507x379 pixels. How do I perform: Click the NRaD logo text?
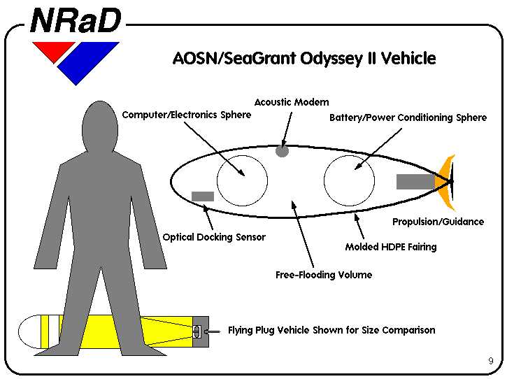point(76,20)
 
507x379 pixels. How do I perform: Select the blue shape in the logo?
point(88,62)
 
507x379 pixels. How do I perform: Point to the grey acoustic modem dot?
point(282,151)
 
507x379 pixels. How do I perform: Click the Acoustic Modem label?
point(292,102)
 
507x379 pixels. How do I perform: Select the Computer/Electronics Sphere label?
point(187,115)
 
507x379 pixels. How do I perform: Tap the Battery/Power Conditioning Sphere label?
point(408,117)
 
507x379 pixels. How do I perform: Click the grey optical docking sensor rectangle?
point(203,196)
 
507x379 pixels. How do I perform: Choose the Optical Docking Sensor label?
point(214,237)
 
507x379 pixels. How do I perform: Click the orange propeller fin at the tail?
point(445,182)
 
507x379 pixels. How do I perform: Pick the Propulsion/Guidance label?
point(438,222)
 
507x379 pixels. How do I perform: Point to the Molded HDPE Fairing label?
point(391,247)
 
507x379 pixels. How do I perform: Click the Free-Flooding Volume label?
point(324,275)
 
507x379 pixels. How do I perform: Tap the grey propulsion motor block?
point(416,182)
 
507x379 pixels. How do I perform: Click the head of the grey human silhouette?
point(100,126)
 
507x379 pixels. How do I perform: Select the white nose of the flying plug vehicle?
point(30,331)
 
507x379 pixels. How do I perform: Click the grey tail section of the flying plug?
point(201,331)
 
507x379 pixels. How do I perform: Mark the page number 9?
point(491,361)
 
